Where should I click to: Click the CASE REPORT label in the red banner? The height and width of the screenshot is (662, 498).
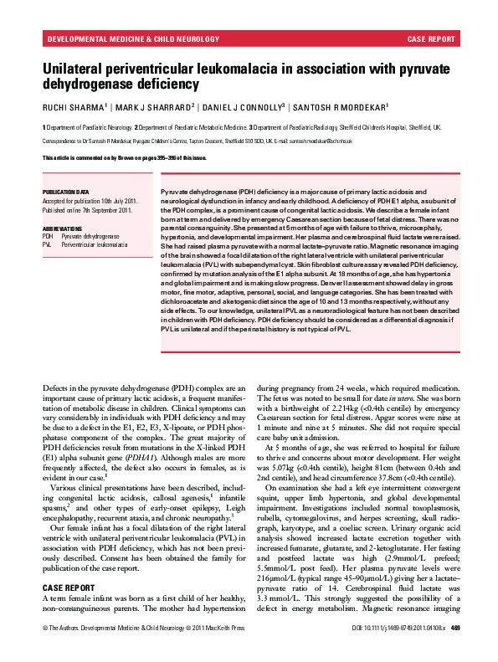[x=431, y=38]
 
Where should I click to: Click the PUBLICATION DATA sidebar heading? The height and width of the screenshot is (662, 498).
[x=65, y=192]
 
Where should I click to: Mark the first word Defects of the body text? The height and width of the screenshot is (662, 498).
[x=55, y=387]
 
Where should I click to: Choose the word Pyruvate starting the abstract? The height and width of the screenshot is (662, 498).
[x=173, y=192]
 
